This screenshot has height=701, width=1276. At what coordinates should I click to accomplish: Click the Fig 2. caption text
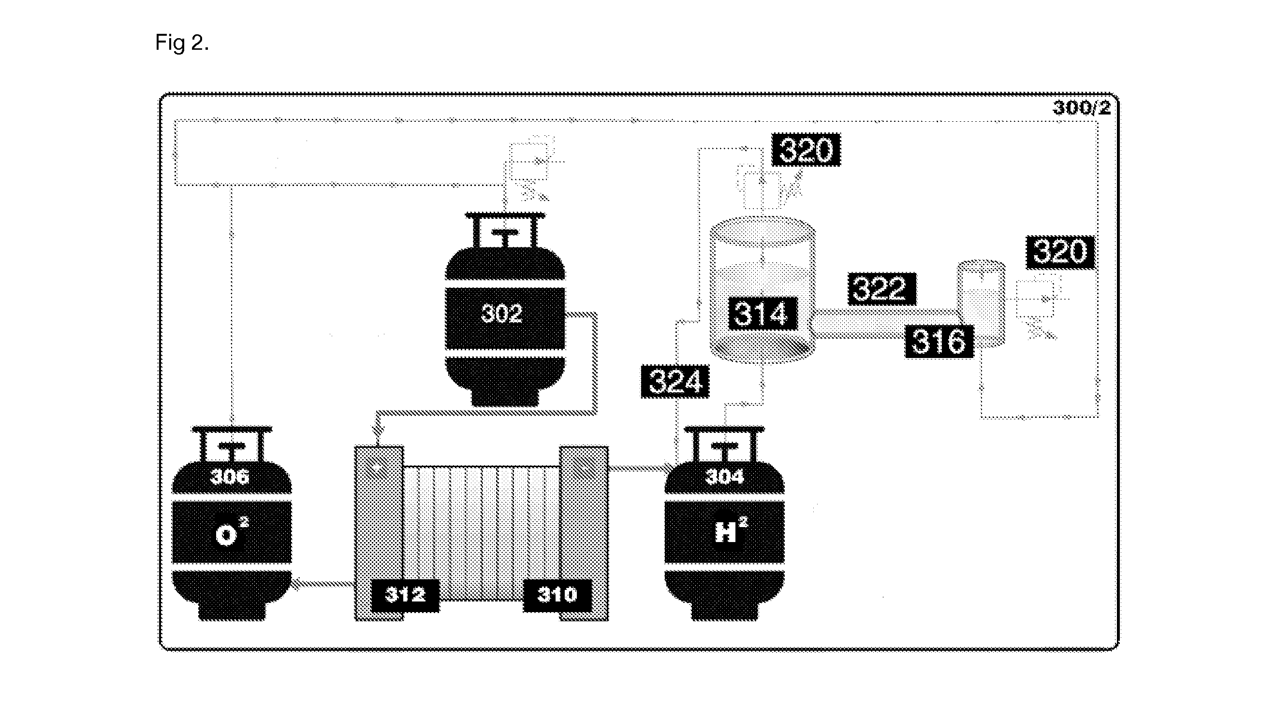point(182,43)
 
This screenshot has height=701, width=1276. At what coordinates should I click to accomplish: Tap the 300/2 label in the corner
point(1081,108)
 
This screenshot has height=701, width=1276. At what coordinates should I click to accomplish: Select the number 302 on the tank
point(502,314)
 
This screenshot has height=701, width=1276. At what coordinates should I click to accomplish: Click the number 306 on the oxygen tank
point(229,477)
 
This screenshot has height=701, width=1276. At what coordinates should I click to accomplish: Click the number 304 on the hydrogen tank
point(725,477)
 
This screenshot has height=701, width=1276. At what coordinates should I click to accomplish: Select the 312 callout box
point(405,595)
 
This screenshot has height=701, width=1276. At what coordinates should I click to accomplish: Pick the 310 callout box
point(557,595)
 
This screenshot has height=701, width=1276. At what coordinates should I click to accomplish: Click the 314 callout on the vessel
point(762,314)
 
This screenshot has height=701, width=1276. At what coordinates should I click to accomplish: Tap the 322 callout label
point(882,288)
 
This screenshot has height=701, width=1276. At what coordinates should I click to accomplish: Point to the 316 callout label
point(939,341)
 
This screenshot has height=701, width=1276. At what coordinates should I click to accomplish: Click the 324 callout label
point(675,381)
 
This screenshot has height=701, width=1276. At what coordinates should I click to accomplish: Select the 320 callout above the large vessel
point(806,149)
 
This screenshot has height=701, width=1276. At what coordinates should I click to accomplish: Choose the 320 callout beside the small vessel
point(1060,253)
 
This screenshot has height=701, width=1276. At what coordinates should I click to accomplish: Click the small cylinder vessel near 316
point(981,303)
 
